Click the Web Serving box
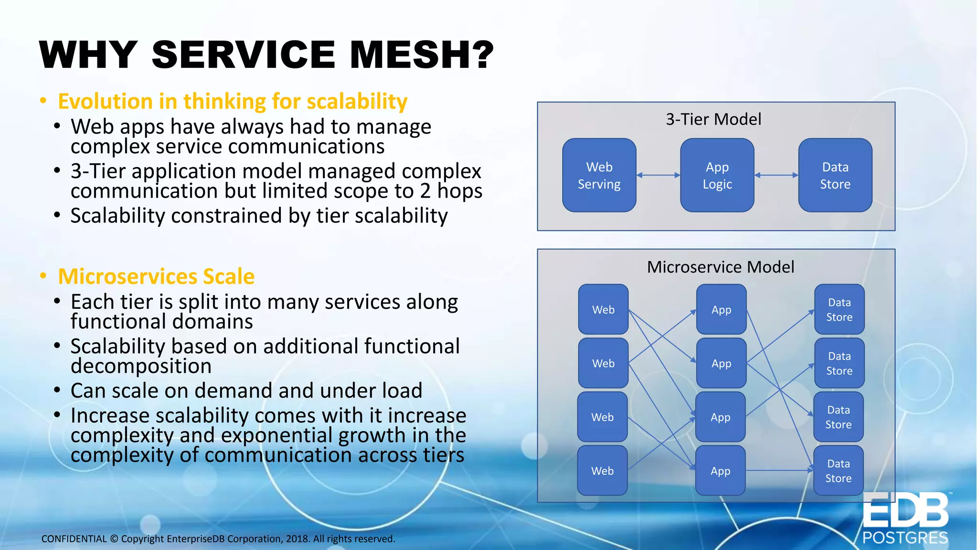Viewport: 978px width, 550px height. [599, 175]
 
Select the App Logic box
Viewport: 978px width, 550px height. [717, 175]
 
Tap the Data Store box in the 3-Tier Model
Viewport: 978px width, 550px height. [835, 175]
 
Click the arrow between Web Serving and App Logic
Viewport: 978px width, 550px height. [658, 175]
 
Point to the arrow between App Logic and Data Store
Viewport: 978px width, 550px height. [776, 175]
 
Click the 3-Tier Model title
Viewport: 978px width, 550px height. [713, 119]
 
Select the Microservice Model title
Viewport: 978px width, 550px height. [720, 267]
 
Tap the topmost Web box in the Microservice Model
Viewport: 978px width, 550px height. [603, 309]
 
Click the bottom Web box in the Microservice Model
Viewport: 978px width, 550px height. [602, 471]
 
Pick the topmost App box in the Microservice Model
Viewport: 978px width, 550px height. [721, 309]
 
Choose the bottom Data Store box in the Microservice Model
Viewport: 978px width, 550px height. [838, 471]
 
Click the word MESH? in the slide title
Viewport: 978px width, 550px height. [421, 55]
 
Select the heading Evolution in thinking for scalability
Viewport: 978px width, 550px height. [233, 102]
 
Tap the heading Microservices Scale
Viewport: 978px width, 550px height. [156, 276]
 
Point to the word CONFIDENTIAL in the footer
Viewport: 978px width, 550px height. [74, 539]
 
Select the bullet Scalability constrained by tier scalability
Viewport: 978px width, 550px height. [259, 216]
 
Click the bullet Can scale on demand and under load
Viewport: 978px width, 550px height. [246, 391]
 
